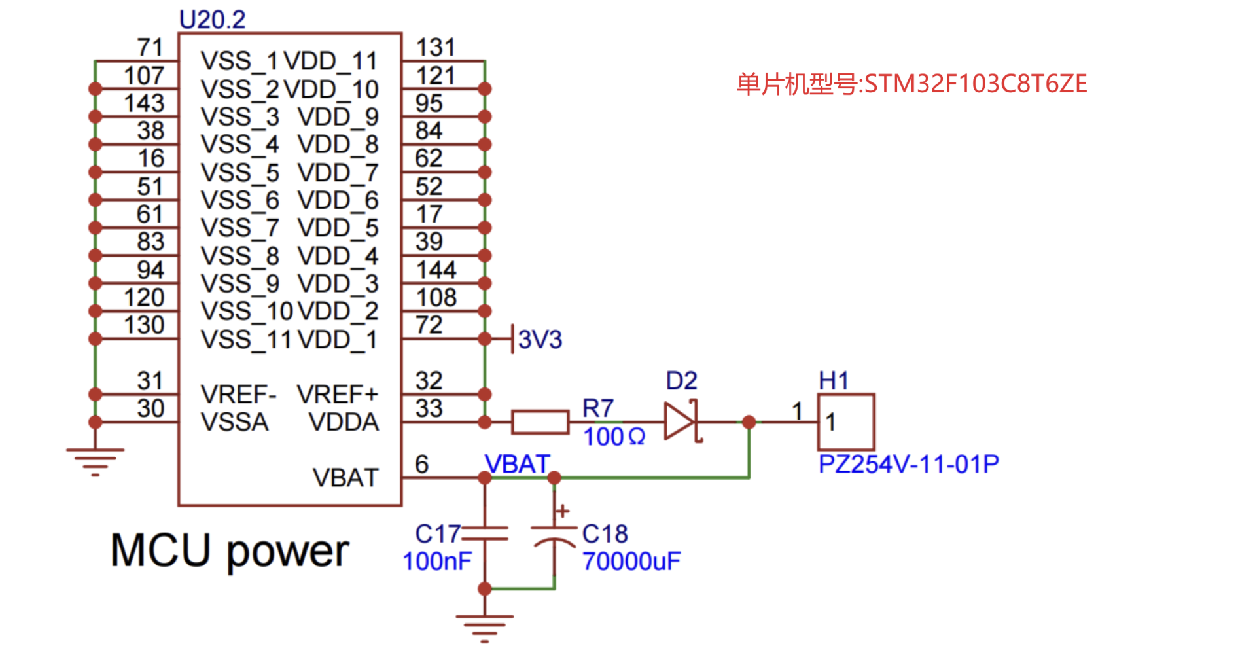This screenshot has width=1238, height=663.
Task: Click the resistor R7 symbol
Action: coord(540,422)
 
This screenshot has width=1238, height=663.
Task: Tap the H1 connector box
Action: coord(846,421)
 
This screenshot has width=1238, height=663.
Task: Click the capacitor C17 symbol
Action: coord(485,533)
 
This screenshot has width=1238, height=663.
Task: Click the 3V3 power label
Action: coord(539,340)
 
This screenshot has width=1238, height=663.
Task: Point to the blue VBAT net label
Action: coord(516,464)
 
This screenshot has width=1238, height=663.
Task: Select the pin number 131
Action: coord(435,47)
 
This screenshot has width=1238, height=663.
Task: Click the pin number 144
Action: coord(436,270)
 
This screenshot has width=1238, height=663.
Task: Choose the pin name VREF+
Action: coord(337,395)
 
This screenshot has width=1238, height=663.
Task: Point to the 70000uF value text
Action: coord(631,562)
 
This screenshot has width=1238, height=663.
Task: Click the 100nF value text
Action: coord(437,562)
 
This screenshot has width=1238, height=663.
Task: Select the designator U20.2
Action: coord(212,20)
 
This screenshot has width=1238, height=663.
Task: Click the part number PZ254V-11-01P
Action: coord(908,464)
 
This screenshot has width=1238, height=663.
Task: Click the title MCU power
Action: coord(229,551)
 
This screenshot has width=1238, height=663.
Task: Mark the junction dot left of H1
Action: coord(749,422)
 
